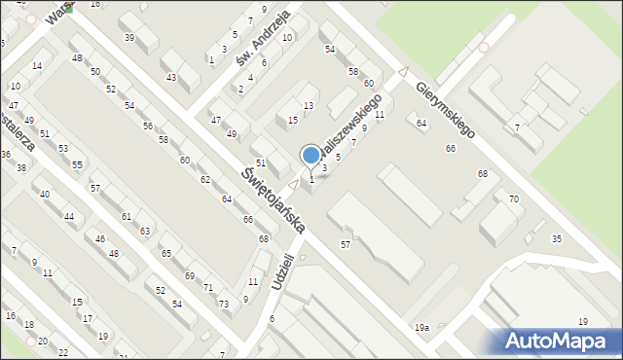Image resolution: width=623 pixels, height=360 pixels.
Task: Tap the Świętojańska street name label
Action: [274, 199]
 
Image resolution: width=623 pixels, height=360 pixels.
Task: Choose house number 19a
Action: [421, 329]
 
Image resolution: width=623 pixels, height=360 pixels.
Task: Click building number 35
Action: [557, 238]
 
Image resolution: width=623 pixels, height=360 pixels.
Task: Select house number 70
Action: [513, 198]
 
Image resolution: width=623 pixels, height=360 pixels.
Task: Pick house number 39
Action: [129, 37]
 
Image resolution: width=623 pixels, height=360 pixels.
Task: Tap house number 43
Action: [171, 77]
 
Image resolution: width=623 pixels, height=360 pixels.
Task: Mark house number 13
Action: [309, 105]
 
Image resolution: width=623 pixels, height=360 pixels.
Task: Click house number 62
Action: [205, 180]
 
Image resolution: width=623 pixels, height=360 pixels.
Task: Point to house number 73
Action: [224, 305]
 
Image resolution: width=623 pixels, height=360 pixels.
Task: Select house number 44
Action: [69, 216]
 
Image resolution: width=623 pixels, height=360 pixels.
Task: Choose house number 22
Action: [63, 351]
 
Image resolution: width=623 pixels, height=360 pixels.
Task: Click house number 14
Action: [37, 65]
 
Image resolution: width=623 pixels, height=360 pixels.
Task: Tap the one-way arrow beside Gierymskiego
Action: [403, 70]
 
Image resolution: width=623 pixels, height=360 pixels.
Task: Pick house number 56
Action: [148, 126]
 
